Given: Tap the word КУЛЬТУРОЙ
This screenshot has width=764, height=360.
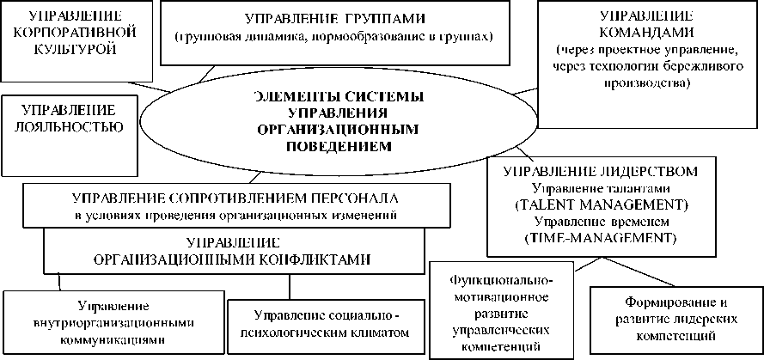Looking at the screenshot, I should (66, 50).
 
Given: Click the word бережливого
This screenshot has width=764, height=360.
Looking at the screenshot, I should (676, 71).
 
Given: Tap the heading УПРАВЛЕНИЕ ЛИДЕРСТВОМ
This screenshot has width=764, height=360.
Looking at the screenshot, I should (608, 171).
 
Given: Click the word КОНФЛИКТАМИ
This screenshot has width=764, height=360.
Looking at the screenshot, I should (309, 258).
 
